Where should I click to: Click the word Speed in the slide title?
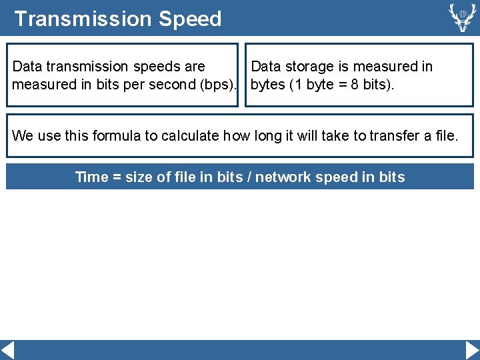pos(190,19)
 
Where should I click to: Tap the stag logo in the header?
pos(461,17)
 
